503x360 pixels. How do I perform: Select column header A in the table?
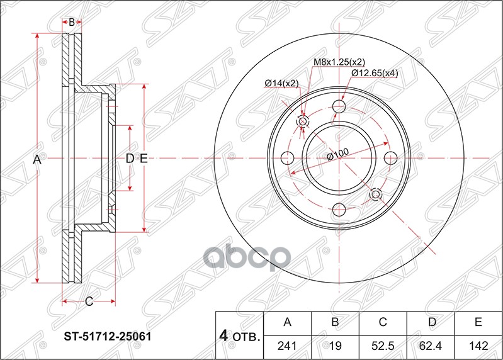coord(288,323)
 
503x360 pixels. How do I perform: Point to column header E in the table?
coord(478,323)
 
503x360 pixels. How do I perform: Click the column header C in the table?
coord(383,323)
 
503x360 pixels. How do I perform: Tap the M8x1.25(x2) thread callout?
coord(339,62)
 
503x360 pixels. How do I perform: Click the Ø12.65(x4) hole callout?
coord(375,73)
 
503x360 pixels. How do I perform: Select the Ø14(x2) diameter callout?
coord(281,83)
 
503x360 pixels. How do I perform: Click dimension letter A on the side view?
coord(37,160)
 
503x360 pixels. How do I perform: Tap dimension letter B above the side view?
coord(72,22)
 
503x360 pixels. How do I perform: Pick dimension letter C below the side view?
coord(89,302)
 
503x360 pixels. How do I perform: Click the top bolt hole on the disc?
coord(340,106)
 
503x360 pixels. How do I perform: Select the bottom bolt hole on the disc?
coord(340,209)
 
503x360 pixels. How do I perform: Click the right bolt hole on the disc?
coord(391,157)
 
